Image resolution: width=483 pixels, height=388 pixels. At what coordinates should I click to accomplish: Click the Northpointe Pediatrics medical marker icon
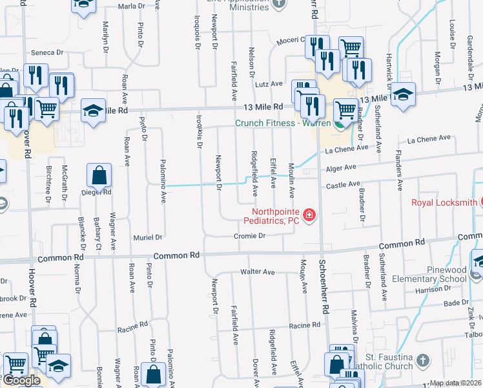[309, 215]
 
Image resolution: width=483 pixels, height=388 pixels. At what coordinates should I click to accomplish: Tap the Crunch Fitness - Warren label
[282, 123]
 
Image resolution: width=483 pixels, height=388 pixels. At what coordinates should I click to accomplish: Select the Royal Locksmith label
[444, 202]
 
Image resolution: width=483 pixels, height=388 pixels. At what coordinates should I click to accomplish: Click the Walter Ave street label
[258, 272]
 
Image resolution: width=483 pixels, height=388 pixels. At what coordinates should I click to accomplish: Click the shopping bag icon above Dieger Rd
[99, 175]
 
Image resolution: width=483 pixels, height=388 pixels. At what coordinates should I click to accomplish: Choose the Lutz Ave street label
[269, 84]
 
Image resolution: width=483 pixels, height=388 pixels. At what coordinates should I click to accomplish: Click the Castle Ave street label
[343, 185]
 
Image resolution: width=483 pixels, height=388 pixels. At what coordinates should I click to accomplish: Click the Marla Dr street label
[130, 6]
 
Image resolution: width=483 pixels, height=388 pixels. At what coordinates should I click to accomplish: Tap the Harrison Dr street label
[432, 289]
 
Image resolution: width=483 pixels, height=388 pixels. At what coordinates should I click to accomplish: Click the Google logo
[21, 380]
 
